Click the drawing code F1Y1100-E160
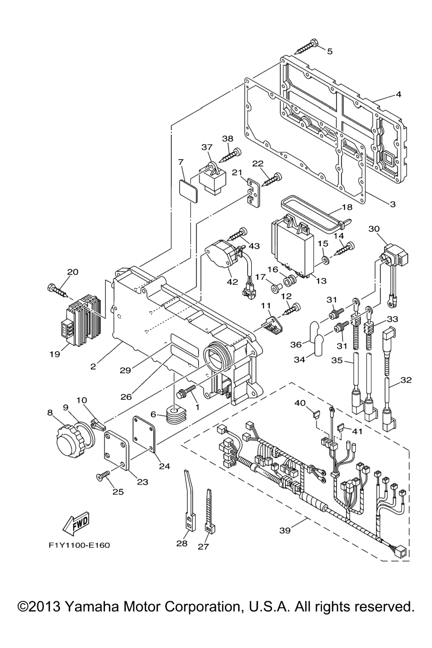[79, 545]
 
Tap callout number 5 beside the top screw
[329, 51]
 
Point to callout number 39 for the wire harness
[285, 530]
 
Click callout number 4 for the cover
[398, 94]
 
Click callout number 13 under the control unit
[321, 281]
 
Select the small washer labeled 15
[326, 258]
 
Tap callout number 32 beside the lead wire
[406, 380]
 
